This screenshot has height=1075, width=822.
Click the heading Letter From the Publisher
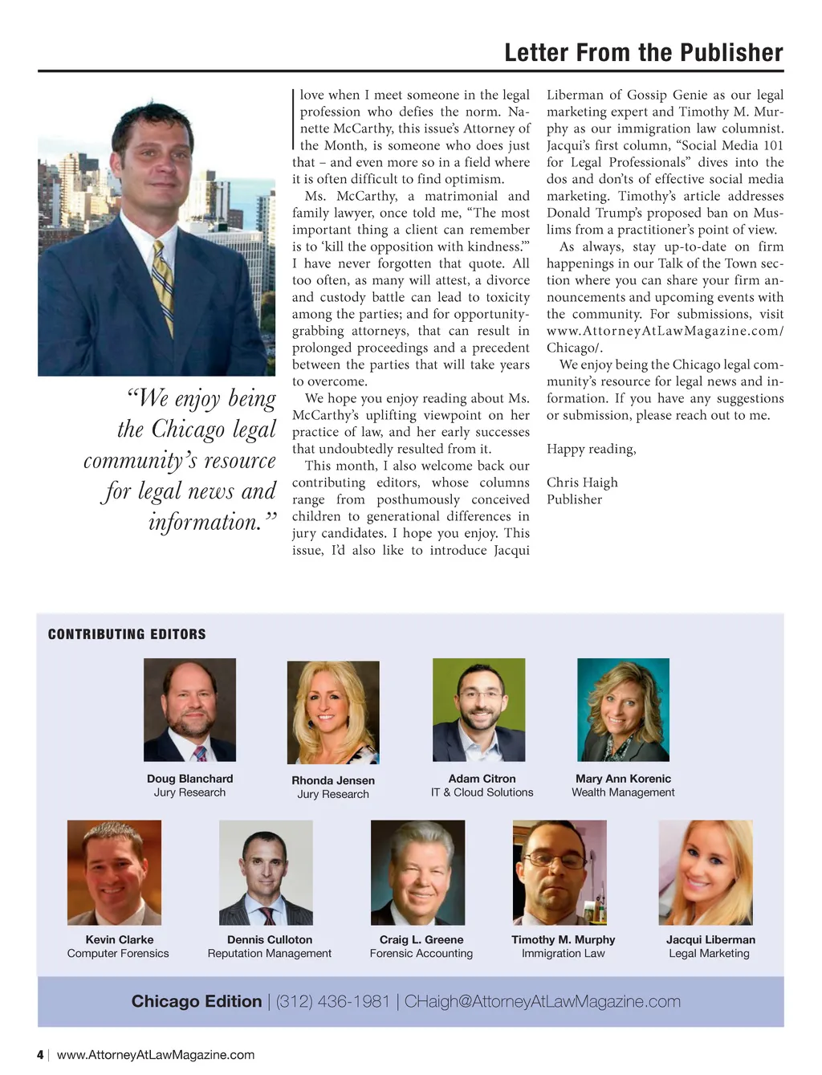(643, 53)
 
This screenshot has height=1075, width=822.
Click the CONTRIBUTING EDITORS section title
(127, 634)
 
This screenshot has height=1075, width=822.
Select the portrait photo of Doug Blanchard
(189, 710)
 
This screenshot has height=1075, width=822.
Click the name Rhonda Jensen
(333, 780)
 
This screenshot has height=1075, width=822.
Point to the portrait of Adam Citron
(478, 710)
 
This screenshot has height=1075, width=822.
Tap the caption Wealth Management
(623, 792)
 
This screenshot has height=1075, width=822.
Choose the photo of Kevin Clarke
(114, 873)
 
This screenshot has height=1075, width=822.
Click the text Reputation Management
(270, 954)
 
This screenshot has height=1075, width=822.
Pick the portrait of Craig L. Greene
(417, 873)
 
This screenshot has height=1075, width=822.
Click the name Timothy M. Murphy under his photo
(564, 939)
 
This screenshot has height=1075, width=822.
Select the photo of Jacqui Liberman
(706, 873)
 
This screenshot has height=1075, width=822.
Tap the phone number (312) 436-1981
(333, 1002)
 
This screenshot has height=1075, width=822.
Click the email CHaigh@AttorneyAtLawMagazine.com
(543, 1002)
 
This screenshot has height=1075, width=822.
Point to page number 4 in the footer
(40, 1055)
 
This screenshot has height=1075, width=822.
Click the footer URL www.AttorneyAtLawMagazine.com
(156, 1055)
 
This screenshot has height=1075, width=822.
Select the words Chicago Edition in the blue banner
(197, 1002)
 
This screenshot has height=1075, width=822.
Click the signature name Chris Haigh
(582, 483)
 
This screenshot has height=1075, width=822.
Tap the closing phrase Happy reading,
(591, 449)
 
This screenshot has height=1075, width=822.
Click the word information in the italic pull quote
(205, 522)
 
